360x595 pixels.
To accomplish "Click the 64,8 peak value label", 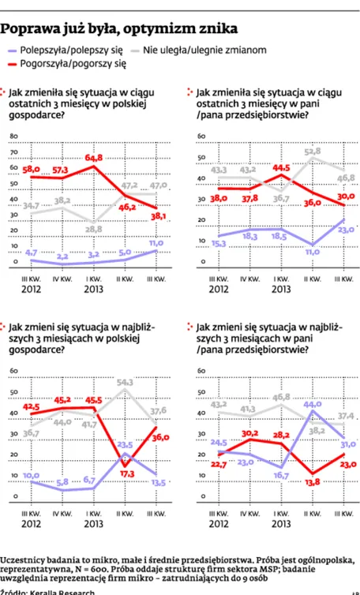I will (93, 157).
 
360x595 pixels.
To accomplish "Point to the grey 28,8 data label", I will (94, 229).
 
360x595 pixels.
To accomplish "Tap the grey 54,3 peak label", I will (125, 382).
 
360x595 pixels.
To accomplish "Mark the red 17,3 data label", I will (126, 473).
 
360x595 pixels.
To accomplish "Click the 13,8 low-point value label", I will (313, 481).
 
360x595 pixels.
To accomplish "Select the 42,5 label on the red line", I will (31, 406).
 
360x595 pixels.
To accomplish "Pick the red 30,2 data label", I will (250, 432).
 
